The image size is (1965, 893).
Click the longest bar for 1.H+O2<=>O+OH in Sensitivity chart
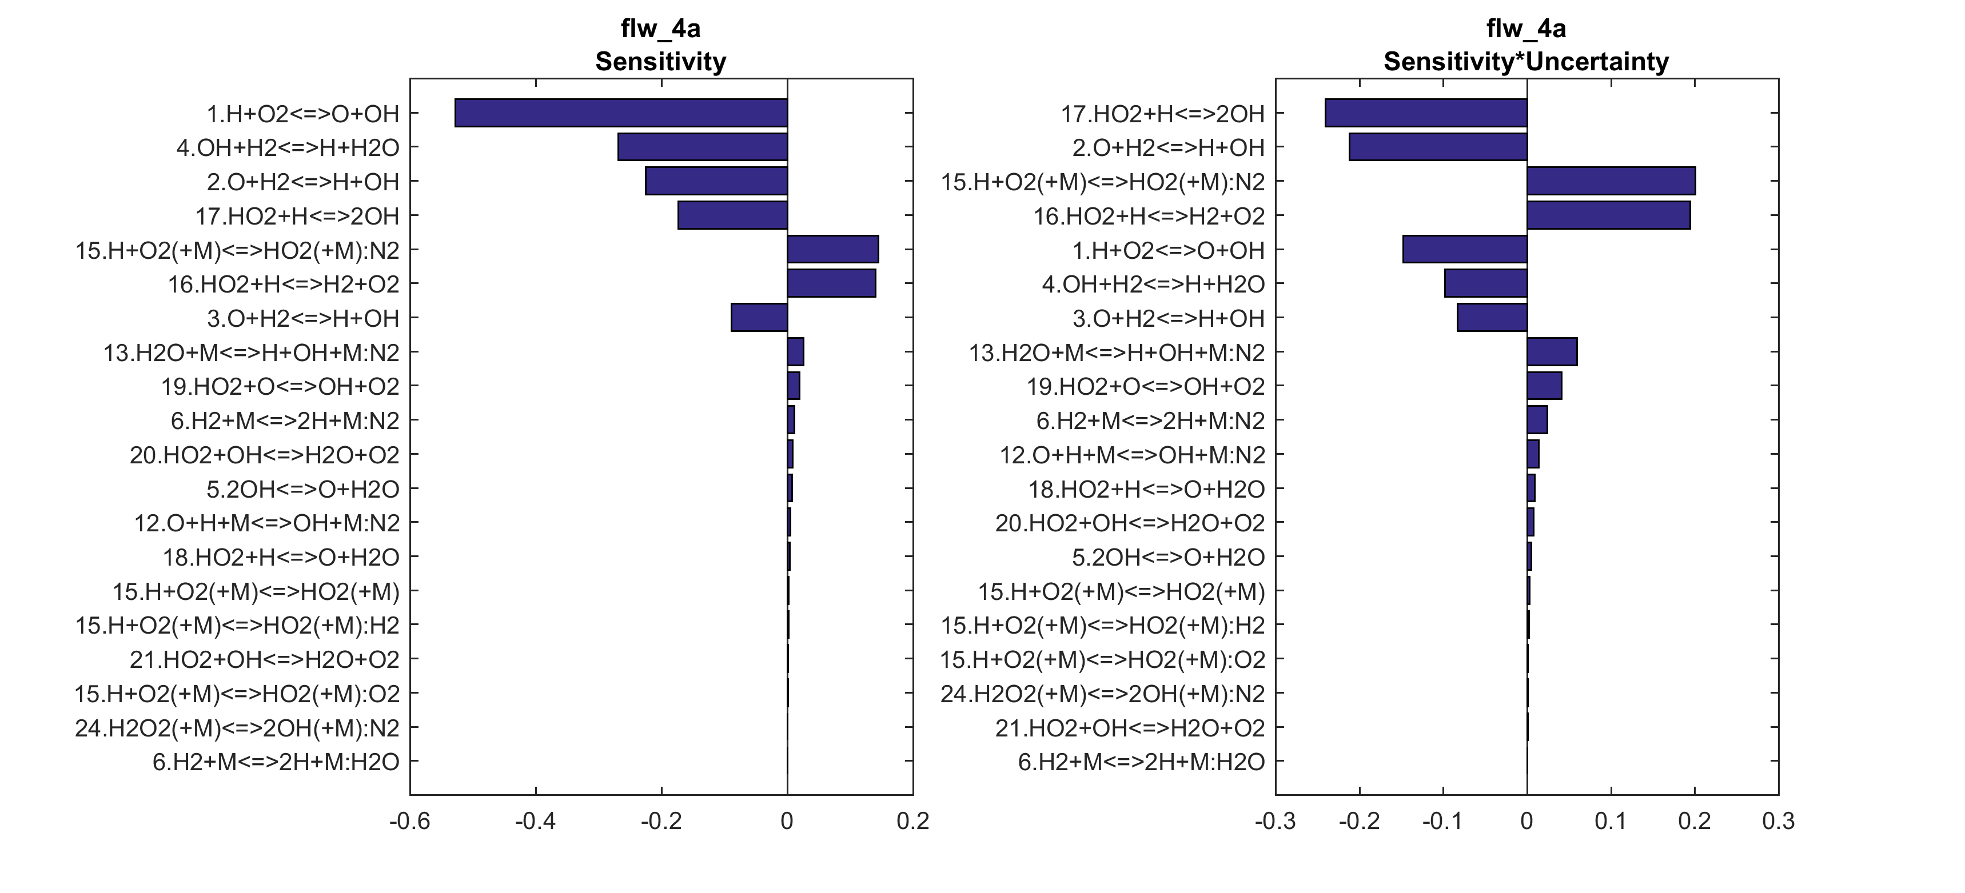click(621, 113)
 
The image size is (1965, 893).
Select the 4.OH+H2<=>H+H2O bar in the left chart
click(702, 147)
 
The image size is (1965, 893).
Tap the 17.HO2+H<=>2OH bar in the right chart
click(1426, 113)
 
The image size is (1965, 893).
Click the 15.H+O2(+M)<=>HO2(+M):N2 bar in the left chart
click(832, 249)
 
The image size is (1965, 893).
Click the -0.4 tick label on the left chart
click(536, 822)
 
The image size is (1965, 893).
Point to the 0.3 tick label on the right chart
click(1778, 822)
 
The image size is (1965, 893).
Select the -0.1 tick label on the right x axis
click(1442, 822)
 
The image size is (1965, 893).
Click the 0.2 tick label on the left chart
click(913, 822)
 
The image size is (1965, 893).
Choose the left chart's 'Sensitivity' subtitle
click(660, 62)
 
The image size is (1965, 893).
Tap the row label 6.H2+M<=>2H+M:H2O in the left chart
click(276, 762)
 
